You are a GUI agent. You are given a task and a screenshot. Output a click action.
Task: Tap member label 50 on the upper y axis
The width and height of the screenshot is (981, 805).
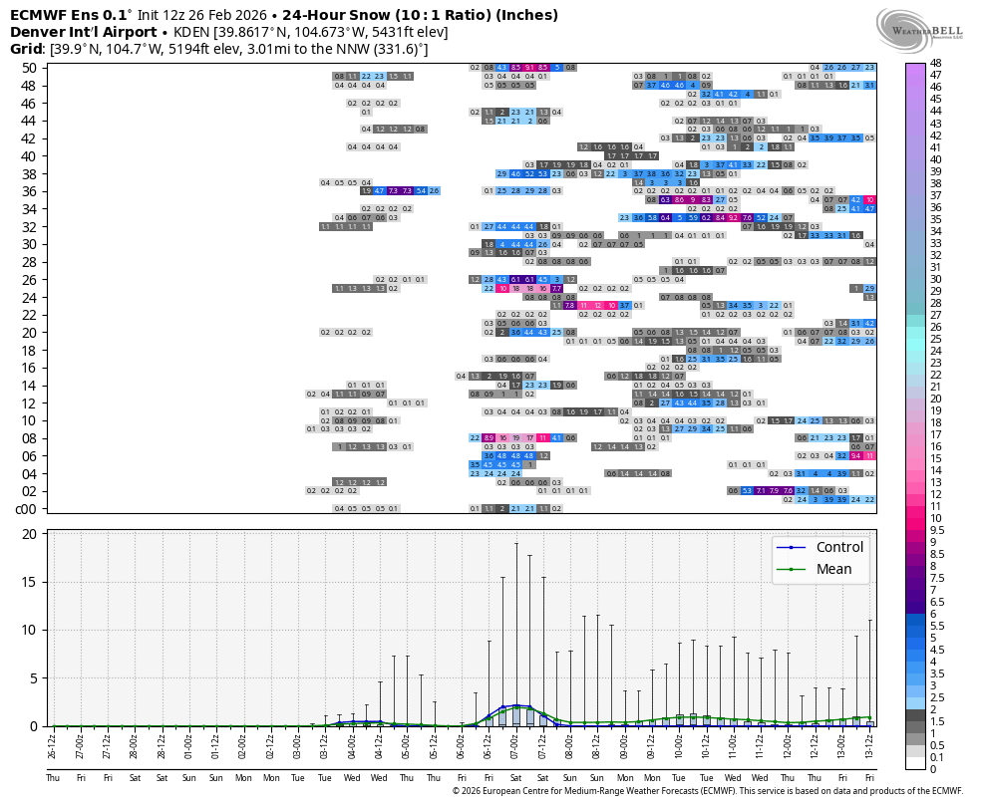click(x=28, y=68)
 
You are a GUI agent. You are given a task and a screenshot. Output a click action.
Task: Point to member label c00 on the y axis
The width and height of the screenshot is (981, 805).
click(x=26, y=508)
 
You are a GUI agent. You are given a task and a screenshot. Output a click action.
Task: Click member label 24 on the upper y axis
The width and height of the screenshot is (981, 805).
click(x=28, y=297)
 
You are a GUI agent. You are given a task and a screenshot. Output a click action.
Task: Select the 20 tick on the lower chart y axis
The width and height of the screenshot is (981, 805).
click(x=29, y=534)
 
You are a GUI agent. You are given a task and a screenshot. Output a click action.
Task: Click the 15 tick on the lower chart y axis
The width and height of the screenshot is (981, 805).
click(x=29, y=582)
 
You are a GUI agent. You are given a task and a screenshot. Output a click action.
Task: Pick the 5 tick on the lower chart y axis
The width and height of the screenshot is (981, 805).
click(x=33, y=678)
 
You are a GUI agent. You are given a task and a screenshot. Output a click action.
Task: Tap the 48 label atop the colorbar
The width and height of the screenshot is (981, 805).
click(x=936, y=63)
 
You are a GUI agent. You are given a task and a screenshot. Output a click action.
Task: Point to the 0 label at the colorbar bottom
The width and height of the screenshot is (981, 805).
click(x=933, y=769)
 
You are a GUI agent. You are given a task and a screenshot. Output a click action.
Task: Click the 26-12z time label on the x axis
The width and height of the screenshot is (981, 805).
click(x=53, y=746)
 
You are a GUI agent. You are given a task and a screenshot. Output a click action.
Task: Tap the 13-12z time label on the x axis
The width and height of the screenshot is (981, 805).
click(x=870, y=746)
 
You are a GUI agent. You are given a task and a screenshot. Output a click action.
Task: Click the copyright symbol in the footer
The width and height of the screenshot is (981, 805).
click(x=456, y=791)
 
